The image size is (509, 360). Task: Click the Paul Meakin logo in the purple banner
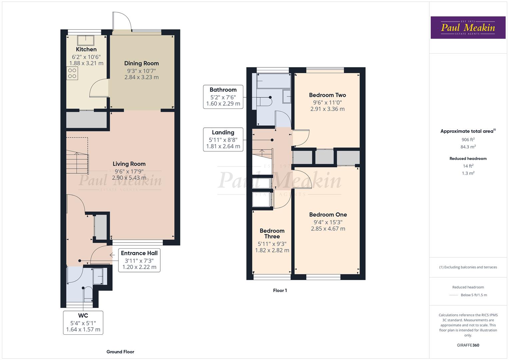(468, 28)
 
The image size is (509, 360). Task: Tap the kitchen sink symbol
(86, 40)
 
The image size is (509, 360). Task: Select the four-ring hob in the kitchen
(72, 73)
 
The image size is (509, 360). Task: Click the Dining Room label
(141, 63)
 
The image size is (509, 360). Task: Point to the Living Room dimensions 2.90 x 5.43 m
(129, 178)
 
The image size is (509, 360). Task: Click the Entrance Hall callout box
(139, 260)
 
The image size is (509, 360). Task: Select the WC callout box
(83, 322)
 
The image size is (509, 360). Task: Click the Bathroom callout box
(223, 97)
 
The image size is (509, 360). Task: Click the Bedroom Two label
(327, 95)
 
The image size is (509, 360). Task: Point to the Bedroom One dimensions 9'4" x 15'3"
(328, 222)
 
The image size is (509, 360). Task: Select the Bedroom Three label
(272, 233)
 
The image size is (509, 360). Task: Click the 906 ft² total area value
(468, 140)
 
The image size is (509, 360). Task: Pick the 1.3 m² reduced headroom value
(468, 173)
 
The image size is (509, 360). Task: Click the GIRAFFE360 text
(468, 345)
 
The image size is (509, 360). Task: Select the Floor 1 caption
(280, 290)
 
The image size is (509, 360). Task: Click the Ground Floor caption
(120, 352)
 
